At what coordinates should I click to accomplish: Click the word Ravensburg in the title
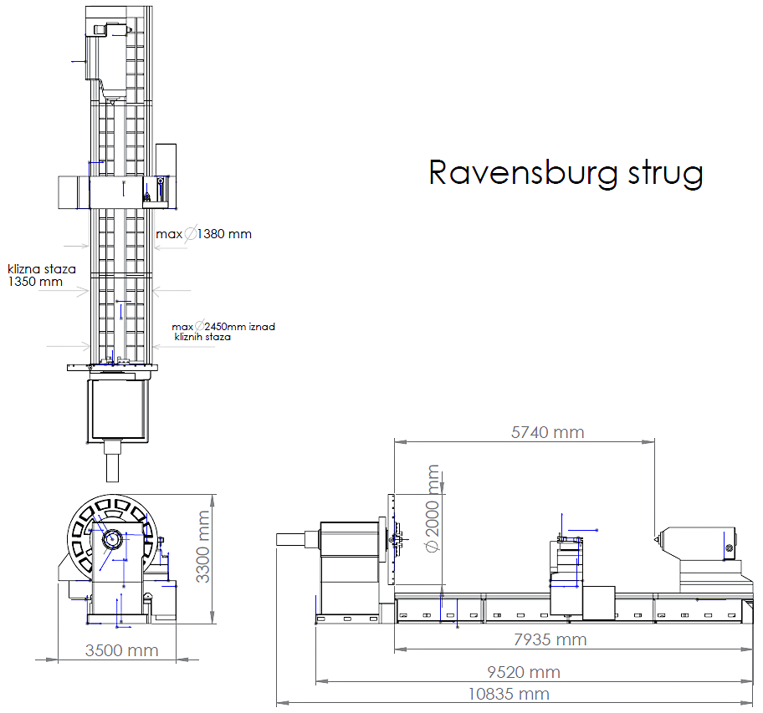coord(523,172)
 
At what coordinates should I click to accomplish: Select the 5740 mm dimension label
coord(547,432)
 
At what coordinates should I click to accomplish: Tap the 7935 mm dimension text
coord(549,639)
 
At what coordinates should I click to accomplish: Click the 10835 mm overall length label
coord(510,694)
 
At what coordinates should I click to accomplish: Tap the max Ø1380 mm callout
coord(203,234)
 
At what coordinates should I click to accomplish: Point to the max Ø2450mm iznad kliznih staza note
coord(223,331)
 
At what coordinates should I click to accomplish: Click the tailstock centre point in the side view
coord(658,537)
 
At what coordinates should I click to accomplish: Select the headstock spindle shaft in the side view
coord(297,540)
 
